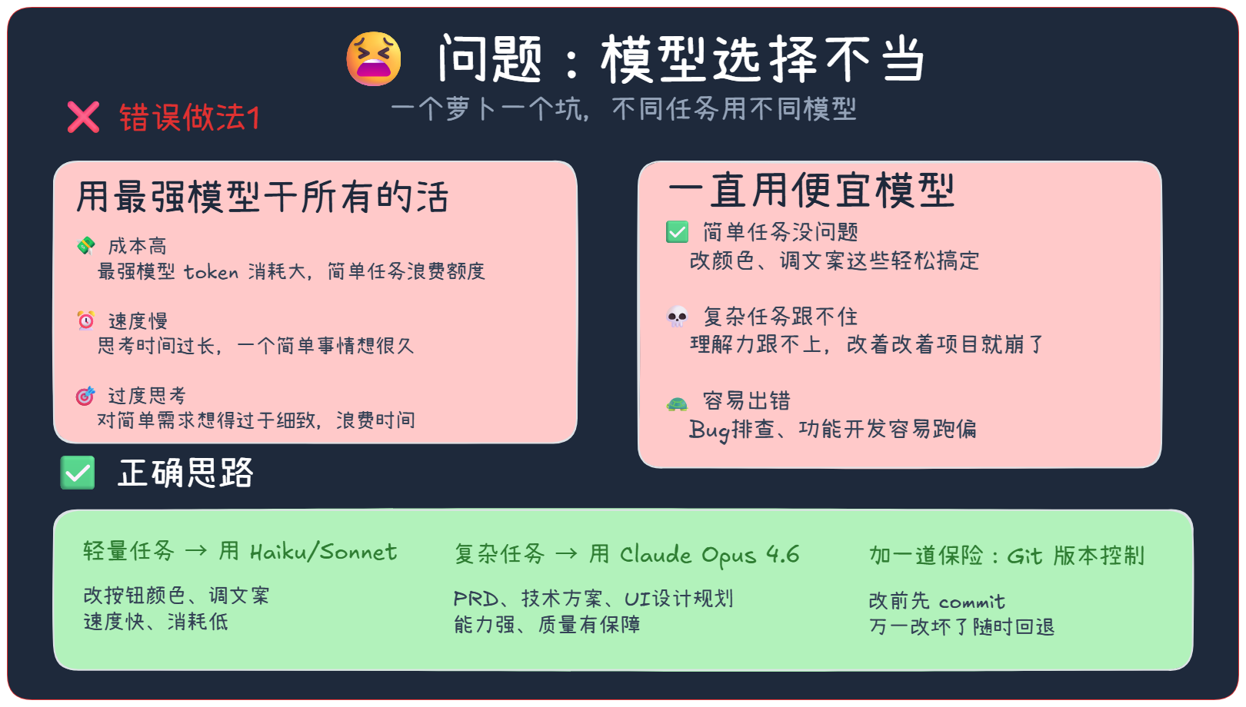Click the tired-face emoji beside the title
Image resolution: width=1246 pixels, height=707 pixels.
click(x=374, y=59)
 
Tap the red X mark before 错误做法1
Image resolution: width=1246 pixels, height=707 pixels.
click(x=83, y=118)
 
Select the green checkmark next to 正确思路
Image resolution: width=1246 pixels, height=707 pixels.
click(x=78, y=473)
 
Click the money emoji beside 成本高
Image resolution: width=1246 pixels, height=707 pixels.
click(x=86, y=245)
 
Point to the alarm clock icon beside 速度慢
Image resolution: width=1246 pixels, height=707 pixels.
click(x=86, y=320)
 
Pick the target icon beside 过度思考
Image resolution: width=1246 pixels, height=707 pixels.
click(x=85, y=396)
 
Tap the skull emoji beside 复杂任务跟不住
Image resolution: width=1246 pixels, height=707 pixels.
click(x=677, y=317)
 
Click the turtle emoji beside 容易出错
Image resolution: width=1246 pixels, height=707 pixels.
click(x=677, y=403)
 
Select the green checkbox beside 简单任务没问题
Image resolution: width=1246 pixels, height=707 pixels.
click(x=677, y=232)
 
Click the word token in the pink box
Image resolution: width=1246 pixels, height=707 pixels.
click(x=211, y=272)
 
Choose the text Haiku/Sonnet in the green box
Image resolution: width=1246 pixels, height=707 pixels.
click(x=323, y=552)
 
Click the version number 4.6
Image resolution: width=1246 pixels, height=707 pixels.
click(x=783, y=554)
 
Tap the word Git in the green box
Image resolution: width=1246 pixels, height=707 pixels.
click(x=1024, y=556)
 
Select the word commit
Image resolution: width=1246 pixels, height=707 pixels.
click(x=971, y=602)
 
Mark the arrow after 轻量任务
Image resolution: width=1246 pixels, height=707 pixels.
click(x=196, y=551)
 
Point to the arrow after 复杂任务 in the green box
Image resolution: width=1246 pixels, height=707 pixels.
click(x=566, y=553)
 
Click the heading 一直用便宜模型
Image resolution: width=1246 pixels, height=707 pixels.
click(x=811, y=190)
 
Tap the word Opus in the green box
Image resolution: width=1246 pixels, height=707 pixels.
click(x=729, y=556)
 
